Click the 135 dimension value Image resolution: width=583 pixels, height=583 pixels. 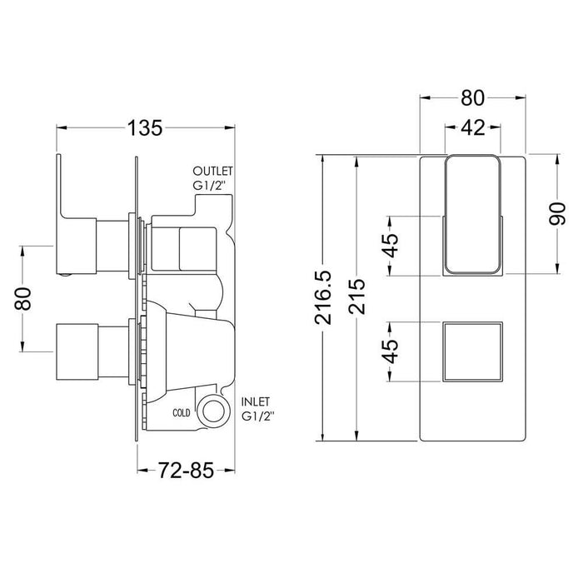point(143,128)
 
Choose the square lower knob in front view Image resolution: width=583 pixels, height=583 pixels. point(472,351)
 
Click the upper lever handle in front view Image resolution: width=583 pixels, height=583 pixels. point(472,215)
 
